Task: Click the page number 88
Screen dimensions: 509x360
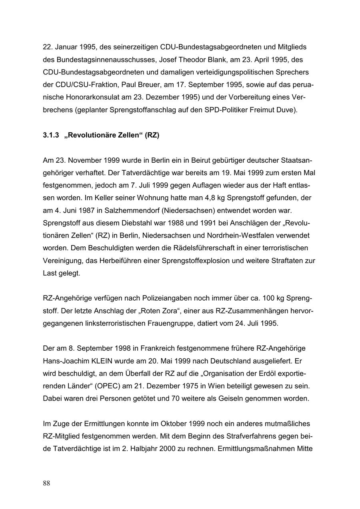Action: (x=46, y=483)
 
